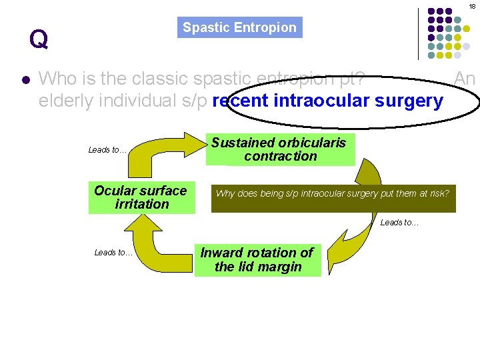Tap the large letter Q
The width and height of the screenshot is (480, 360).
tap(38, 39)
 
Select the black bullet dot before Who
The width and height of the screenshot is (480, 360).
tap(25, 80)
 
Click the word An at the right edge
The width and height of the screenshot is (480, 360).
tap(464, 79)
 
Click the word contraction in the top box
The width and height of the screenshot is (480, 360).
tap(281, 157)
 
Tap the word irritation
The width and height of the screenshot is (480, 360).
tap(142, 205)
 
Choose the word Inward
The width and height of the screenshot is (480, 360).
tap(224, 253)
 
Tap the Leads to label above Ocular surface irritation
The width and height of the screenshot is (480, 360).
tap(107, 150)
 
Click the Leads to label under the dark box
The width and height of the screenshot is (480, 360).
tap(399, 223)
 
